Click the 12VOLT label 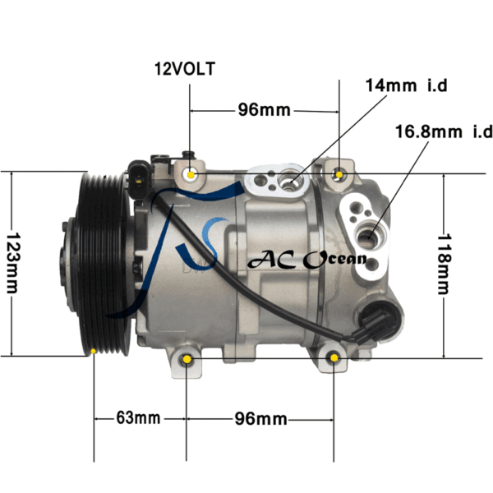tap(185, 69)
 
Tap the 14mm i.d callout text tap(406, 85)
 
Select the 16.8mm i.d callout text tap(444, 131)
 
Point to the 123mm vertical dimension tap(13, 263)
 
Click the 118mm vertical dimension tap(445, 264)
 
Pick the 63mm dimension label tap(138, 418)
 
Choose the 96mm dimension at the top tap(264, 110)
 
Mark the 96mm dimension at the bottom tap(260, 419)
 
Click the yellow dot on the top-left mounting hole tap(191, 175)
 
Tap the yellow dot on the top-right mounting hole tap(339, 174)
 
